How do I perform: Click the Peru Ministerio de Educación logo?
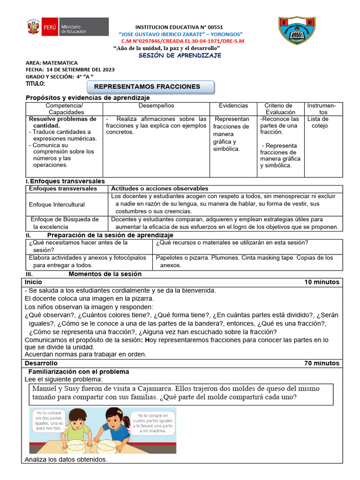tap(67, 27)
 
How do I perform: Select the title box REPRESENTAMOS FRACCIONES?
tap(151, 87)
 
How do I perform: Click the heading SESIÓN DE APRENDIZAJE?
tap(180, 55)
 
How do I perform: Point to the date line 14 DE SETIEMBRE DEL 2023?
tap(70, 70)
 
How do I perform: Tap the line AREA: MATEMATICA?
tap(52, 63)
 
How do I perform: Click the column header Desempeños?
tap(156, 106)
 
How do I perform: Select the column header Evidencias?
tap(233, 106)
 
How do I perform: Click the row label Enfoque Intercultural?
tap(57, 204)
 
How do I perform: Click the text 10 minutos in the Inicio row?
tap(322, 282)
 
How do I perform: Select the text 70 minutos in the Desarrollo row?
tap(322, 363)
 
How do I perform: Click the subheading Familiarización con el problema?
tap(79, 372)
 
